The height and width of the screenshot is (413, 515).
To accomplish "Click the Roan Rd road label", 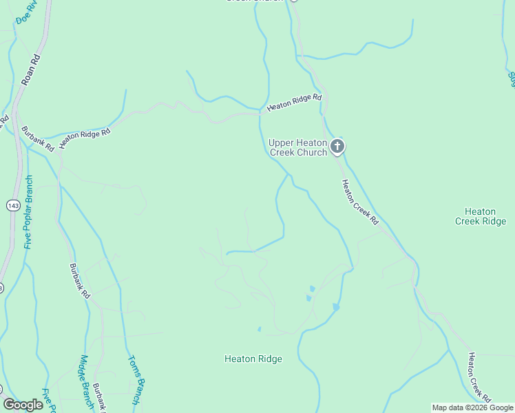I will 32,69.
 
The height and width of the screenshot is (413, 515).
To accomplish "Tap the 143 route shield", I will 13,205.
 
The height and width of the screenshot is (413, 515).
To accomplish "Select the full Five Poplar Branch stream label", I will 28,211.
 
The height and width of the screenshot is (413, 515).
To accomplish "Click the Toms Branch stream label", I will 136,379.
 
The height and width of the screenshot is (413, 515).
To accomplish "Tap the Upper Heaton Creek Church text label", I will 298,147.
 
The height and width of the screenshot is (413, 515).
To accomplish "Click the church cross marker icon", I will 337,146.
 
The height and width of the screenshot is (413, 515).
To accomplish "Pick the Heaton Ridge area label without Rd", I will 253,359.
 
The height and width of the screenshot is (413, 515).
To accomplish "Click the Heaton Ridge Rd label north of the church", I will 294,103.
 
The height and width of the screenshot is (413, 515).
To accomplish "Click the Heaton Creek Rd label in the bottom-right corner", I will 480,377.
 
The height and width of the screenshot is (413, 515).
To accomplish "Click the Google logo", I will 23,405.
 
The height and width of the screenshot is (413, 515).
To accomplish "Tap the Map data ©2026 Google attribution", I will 472,407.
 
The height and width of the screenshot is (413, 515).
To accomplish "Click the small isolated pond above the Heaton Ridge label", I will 259,329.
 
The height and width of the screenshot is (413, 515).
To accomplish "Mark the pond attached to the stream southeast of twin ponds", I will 335,306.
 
